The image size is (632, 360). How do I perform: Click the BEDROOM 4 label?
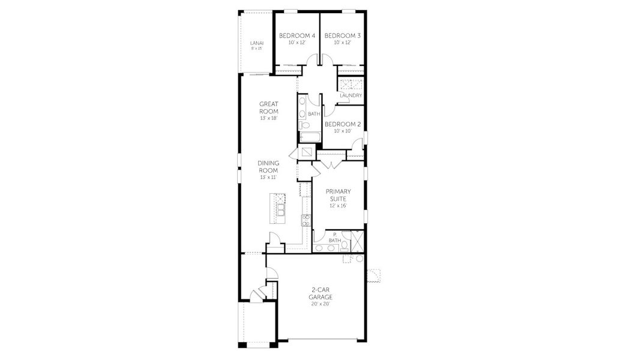[x=297, y=36]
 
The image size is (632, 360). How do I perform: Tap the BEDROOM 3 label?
[x=343, y=36]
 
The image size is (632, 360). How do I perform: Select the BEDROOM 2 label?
[x=342, y=124]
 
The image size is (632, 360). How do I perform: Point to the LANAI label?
[x=256, y=43]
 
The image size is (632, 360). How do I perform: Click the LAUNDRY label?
[x=351, y=95]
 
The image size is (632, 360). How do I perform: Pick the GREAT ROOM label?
[x=268, y=107]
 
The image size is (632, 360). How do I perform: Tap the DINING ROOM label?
[x=268, y=166]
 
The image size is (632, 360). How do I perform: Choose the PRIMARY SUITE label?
[x=339, y=194]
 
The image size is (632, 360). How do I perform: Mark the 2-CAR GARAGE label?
[x=321, y=293]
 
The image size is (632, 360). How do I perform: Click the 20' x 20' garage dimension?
[x=321, y=304]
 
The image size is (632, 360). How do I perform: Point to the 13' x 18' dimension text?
[x=268, y=118]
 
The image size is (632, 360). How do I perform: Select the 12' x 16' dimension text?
[x=339, y=206]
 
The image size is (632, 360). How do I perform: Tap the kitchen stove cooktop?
[x=305, y=220]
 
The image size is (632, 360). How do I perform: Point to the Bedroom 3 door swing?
[x=328, y=61]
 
